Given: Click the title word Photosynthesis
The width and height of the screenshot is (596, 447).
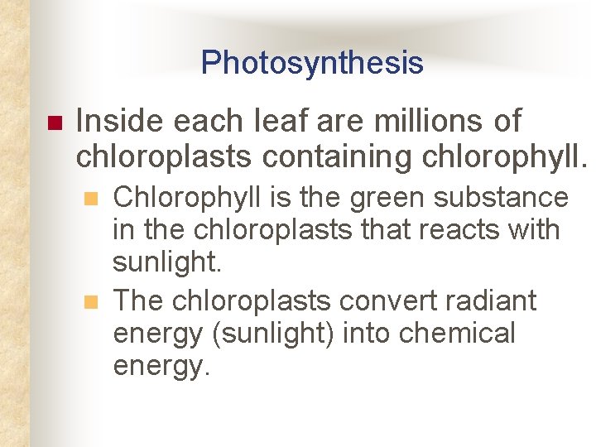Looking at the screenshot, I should click(x=311, y=63).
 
